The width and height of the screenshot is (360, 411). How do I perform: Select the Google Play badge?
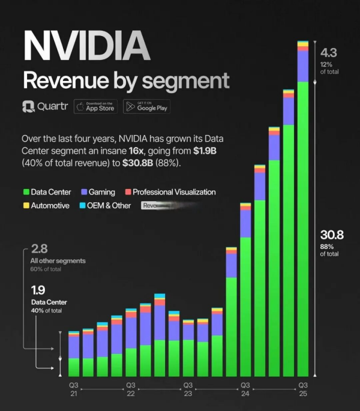[x=146, y=106]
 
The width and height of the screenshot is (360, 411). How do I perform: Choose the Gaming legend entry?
[x=97, y=192]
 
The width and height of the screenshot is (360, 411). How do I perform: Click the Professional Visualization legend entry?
[x=170, y=192]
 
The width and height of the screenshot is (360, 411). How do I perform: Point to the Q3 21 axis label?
[x=73, y=389]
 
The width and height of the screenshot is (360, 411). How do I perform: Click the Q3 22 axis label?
[x=130, y=389]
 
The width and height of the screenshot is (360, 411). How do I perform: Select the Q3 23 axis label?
[x=188, y=389]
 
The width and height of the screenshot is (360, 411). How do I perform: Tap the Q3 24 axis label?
[x=245, y=389]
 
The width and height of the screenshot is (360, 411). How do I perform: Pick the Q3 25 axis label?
[x=303, y=389]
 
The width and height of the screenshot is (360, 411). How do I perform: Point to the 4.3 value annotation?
[x=329, y=52]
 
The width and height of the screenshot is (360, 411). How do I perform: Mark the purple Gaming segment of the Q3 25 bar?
[x=303, y=66]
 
